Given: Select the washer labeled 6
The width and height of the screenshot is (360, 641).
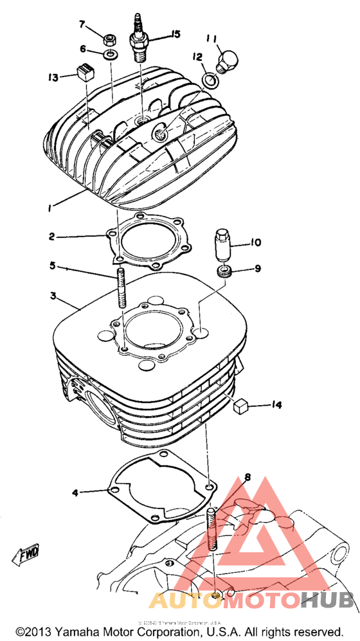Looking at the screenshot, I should (110, 52).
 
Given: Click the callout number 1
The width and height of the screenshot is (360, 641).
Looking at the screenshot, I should (50, 206).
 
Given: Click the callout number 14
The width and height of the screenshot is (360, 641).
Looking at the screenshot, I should (276, 405).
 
